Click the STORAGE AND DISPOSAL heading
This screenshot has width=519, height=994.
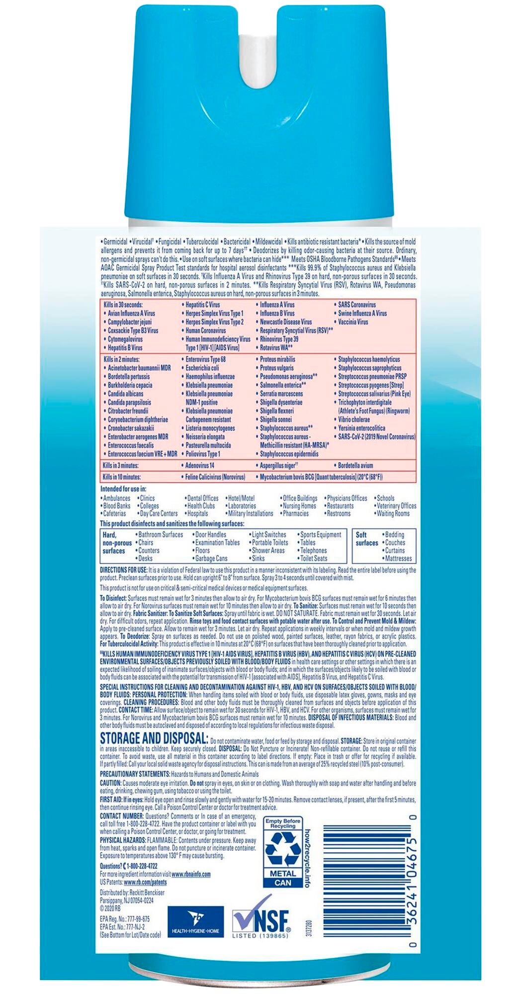154,739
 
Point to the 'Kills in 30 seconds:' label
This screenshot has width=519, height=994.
123,305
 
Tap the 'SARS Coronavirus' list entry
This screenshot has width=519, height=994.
357,305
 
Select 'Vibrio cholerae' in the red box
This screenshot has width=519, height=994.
354,419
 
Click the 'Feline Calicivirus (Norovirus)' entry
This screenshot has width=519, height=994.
215,477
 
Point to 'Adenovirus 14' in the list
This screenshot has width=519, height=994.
200,466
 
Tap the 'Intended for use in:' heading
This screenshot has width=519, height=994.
123,489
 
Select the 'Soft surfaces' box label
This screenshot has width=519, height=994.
367,539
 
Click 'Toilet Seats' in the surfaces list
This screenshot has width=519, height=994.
314,559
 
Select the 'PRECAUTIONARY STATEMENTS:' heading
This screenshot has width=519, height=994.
135,774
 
